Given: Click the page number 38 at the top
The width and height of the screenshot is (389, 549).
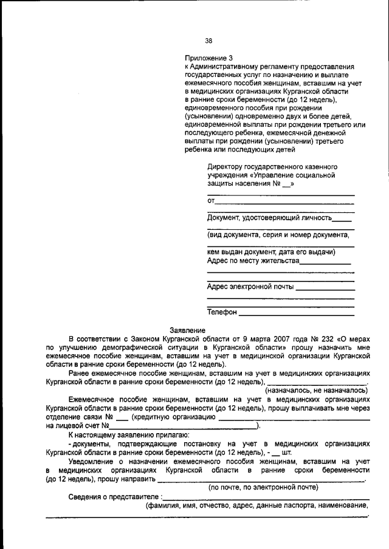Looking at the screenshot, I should coord(208,41).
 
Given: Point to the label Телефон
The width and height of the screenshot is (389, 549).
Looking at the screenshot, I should coord(222,312).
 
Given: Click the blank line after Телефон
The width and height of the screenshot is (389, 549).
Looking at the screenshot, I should coord(297,314).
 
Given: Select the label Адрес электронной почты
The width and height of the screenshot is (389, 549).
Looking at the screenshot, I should coord(250,287).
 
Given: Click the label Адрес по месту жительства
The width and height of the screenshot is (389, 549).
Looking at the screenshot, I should coord(253,261).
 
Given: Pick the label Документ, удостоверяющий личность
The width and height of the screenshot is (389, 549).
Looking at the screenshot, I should coord(269,217).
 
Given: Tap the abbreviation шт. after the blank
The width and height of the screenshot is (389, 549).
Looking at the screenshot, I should coord(287,452).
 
